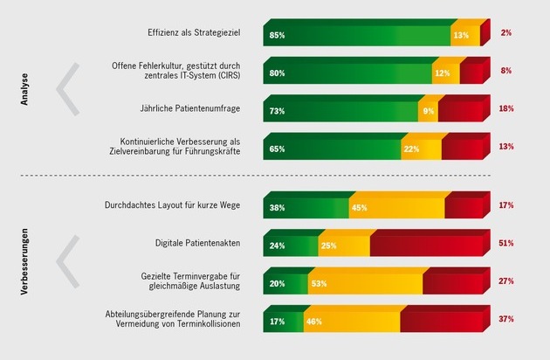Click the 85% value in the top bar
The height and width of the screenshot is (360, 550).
277,35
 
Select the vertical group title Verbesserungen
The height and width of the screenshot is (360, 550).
25,262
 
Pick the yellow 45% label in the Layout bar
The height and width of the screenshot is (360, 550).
358,208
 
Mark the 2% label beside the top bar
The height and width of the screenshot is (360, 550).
506,32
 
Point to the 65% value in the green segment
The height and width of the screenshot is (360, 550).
277,149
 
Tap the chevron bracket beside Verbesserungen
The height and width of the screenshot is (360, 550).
68,260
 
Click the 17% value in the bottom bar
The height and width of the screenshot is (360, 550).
277,322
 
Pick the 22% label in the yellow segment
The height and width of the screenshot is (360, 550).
410,149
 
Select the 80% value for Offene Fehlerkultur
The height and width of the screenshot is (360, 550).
277,73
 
